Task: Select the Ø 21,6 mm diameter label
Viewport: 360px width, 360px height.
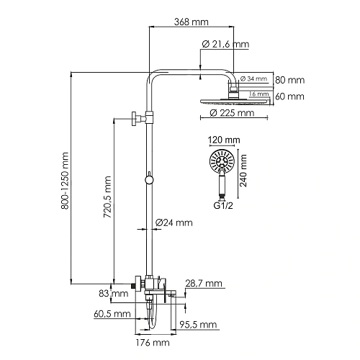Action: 225,45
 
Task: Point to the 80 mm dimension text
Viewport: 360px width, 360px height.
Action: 290,79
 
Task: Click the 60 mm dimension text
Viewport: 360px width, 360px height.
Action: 290,96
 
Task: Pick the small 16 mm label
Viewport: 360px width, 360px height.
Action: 257,94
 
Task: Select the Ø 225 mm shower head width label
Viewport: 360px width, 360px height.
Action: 231,112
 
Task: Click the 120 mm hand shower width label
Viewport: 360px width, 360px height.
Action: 223,140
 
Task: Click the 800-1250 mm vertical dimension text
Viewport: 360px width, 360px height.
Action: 66,180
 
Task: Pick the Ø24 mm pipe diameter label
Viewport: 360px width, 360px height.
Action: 174,222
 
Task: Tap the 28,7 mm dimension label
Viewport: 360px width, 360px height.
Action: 204,283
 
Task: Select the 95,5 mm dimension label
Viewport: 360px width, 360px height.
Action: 198,325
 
